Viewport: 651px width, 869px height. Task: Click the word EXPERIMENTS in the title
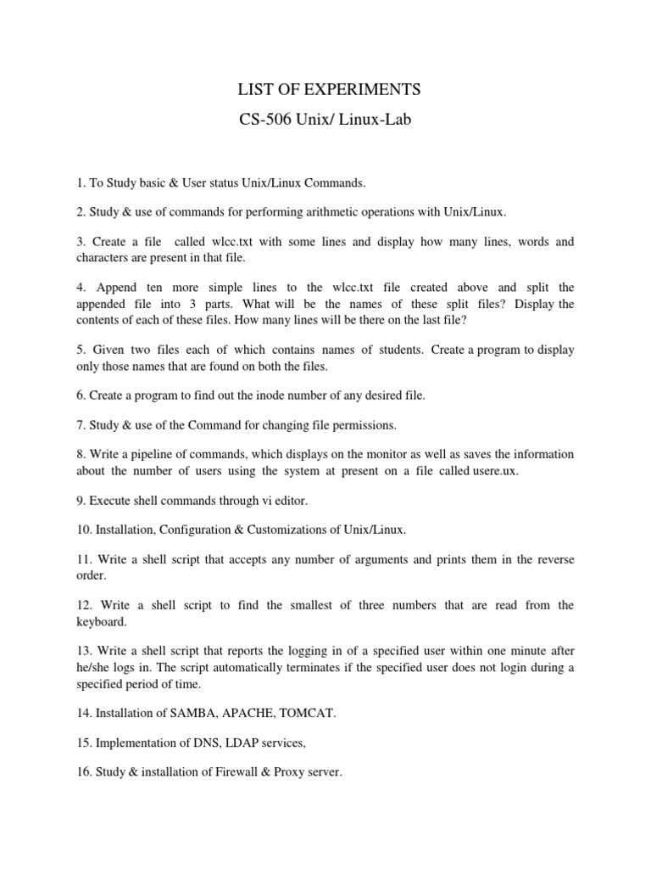(x=370, y=90)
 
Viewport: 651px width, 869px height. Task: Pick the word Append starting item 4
(x=114, y=287)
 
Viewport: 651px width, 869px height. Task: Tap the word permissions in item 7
(x=365, y=424)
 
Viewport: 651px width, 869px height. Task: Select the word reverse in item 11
(x=554, y=560)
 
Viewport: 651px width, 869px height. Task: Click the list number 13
(x=82, y=652)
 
